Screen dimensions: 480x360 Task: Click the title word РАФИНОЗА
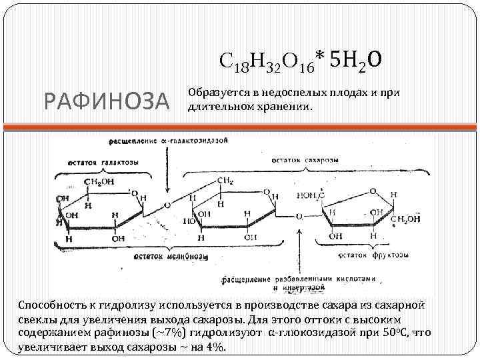pyautogui.click(x=106, y=101)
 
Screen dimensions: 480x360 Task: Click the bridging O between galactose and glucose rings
pyautogui.click(x=167, y=206)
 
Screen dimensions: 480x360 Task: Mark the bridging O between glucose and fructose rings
pyautogui.click(x=299, y=216)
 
